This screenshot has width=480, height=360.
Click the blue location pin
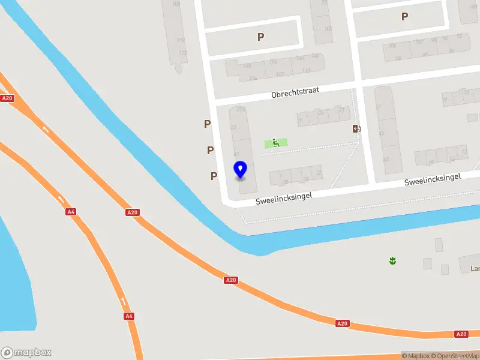click(x=240, y=169)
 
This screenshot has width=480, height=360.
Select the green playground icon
click(x=276, y=142)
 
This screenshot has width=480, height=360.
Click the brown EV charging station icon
click(x=356, y=128)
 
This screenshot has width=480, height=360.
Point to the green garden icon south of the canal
click(x=392, y=260)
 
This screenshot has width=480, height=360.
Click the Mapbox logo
click(x=26, y=352)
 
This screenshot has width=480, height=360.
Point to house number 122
click(x=280, y=74)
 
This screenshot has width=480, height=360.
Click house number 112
click(x=183, y=52)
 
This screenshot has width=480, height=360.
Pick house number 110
click(x=181, y=40)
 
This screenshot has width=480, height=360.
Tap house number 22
click(x=319, y=173)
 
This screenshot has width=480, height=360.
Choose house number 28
click(x=286, y=182)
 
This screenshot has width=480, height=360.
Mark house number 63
click(x=386, y=159)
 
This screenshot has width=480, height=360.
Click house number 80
click(x=398, y=58)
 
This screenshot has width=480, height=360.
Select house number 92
click(x=460, y=36)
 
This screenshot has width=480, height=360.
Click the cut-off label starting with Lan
click(x=473, y=269)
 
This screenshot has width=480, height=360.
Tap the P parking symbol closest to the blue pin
click(x=214, y=176)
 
